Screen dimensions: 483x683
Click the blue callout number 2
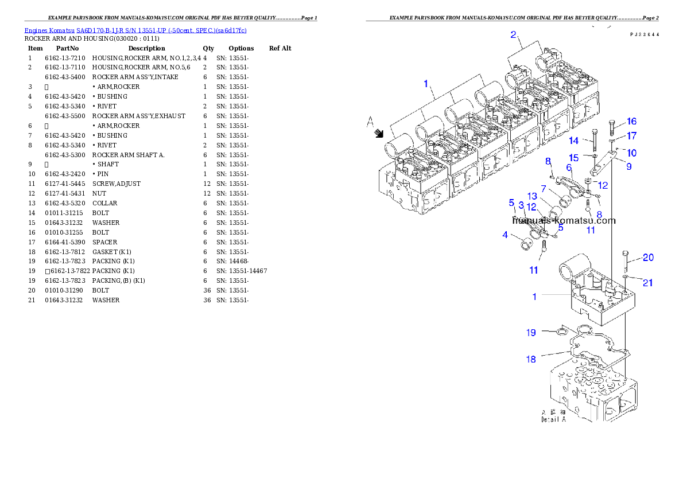(514, 34)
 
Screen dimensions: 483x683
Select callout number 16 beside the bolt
(631, 122)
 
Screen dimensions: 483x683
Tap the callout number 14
(574, 140)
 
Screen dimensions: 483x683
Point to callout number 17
(631, 137)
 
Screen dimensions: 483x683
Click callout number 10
(631, 153)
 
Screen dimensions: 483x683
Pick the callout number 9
(629, 167)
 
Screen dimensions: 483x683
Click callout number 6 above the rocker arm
(569, 168)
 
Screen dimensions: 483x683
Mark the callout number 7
(543, 188)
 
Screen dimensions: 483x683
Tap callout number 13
(533, 197)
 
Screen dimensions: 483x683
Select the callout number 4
(505, 234)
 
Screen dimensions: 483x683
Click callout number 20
(647, 258)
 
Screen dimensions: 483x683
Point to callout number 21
(647, 283)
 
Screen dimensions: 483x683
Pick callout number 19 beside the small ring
(531, 332)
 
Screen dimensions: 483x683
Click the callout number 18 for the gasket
(531, 359)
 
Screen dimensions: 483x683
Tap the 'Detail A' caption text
(553, 419)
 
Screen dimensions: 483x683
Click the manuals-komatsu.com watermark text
(564, 220)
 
